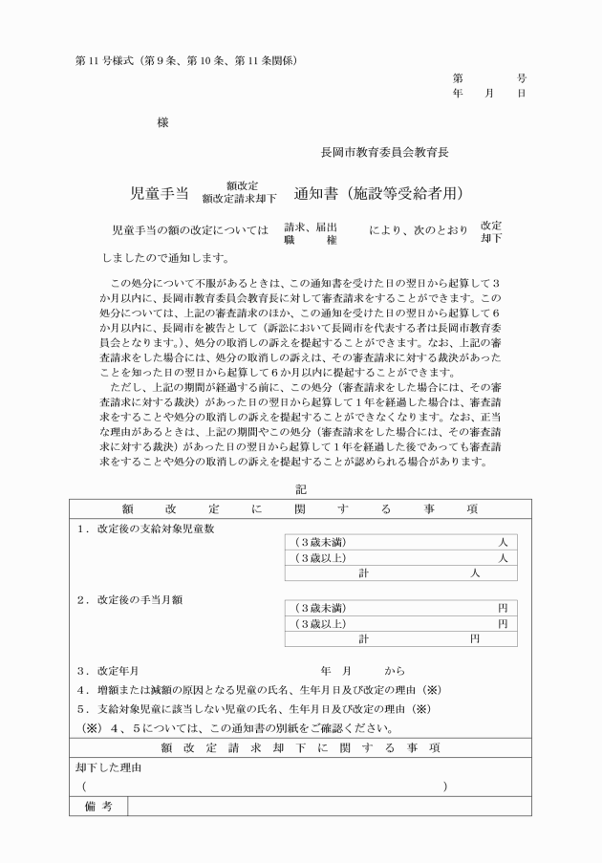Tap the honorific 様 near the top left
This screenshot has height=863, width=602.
point(162,122)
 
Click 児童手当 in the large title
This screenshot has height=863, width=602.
point(159,193)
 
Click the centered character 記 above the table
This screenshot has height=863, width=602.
point(301,488)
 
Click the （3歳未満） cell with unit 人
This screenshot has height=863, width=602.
point(400,542)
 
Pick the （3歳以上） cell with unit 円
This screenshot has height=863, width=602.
point(400,623)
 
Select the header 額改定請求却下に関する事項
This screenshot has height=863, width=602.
point(300,747)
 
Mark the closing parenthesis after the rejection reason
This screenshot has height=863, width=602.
point(444,786)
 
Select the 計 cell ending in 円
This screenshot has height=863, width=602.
point(400,638)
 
